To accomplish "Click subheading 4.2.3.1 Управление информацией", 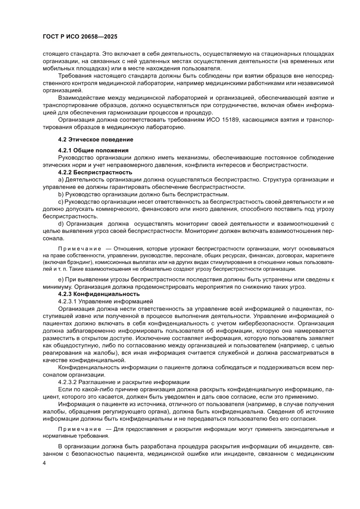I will (x=104, y=301).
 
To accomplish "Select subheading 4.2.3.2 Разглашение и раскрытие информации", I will (x=124, y=382).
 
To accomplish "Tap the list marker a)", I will (x=61, y=180).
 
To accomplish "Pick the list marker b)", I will (x=61, y=194).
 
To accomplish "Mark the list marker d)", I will (x=61, y=224).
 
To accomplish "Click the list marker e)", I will (x=61, y=279).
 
